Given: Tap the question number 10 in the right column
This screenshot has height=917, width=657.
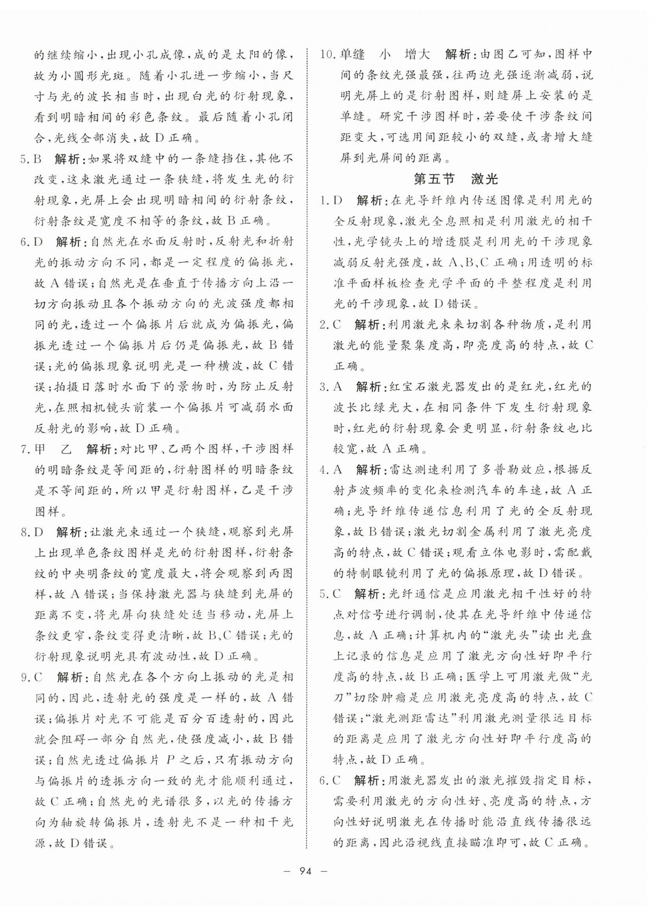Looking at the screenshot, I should coord(326,54).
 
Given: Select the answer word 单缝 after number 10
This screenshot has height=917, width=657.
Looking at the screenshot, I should coord(353,54).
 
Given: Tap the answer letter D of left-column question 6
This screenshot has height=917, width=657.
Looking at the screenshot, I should coord(39,242).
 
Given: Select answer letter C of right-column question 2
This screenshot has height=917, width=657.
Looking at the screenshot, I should coord(337,324).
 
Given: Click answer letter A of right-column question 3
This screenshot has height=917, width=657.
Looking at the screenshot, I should coord(338,386).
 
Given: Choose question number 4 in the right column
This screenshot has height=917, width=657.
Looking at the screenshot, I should coord(323,470).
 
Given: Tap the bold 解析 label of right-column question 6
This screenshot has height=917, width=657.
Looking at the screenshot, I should coord(366,802).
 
